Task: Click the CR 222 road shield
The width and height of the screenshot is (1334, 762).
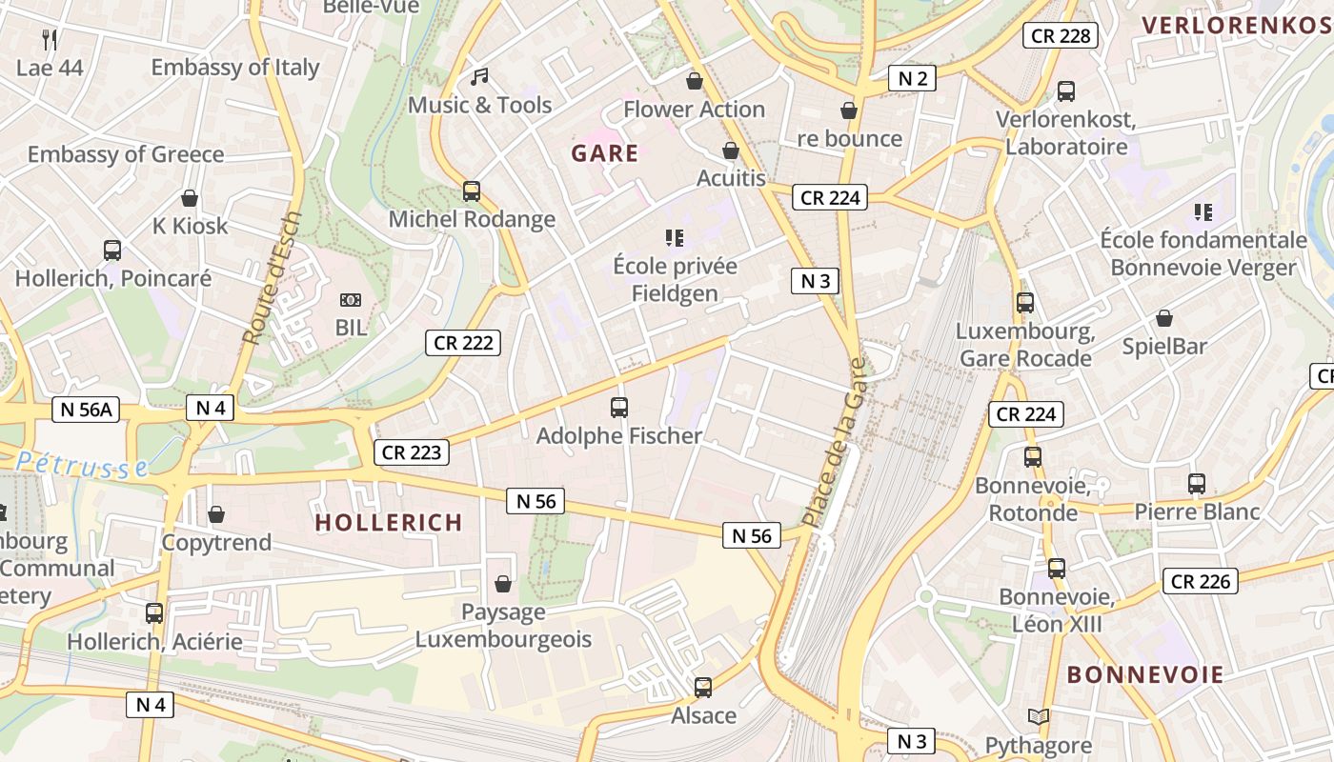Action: (x=463, y=343)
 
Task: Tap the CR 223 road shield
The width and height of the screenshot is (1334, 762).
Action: (x=412, y=452)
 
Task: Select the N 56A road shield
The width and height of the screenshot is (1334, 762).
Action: (x=86, y=410)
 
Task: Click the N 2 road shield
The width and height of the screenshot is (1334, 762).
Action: (x=912, y=78)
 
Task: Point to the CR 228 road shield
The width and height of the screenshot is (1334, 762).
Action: (x=1061, y=36)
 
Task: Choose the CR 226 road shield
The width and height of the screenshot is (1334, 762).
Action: (x=1201, y=581)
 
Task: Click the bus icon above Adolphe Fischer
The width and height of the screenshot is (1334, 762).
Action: (x=619, y=408)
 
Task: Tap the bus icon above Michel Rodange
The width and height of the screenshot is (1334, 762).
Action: (x=472, y=191)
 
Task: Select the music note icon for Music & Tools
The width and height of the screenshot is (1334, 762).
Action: (x=479, y=76)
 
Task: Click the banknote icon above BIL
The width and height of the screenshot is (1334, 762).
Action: (x=351, y=300)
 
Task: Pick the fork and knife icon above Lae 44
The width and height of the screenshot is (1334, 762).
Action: (x=50, y=39)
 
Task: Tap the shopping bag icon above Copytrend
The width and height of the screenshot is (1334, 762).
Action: (x=216, y=514)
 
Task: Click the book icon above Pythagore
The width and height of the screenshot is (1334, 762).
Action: (x=1039, y=717)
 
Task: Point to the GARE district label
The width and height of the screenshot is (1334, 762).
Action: (x=605, y=153)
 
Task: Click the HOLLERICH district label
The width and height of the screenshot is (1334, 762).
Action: (x=389, y=522)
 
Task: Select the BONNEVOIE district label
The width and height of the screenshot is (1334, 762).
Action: (x=1144, y=674)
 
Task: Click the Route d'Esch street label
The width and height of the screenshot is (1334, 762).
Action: (x=272, y=278)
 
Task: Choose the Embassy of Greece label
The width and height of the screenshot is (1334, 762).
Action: (x=126, y=154)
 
